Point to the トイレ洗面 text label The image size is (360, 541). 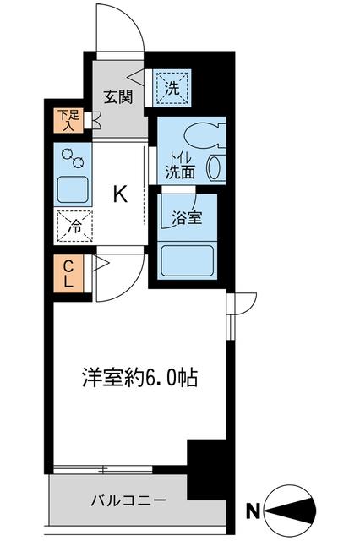point(179,165)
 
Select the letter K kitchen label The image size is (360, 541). point(121,195)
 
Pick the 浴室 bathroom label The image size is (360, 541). point(188,217)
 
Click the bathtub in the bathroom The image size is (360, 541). point(187,259)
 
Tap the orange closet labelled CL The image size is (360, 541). point(68,273)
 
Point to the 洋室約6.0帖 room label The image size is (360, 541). point(139,377)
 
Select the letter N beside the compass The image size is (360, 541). point(251,510)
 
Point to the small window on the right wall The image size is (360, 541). point(229,317)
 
